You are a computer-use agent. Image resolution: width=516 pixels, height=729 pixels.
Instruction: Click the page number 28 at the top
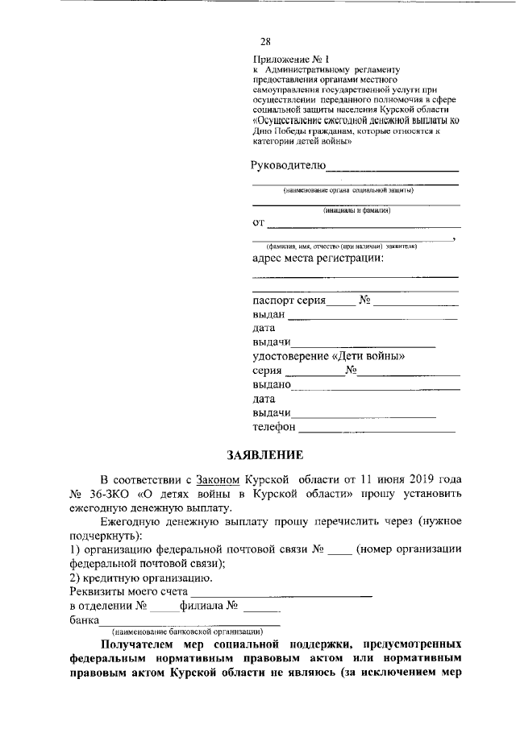265,42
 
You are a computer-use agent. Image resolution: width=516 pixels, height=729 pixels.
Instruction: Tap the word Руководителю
288,166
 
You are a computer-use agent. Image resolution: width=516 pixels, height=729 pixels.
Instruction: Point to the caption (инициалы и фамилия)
356,210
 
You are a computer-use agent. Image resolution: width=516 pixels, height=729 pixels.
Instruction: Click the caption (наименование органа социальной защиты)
347,190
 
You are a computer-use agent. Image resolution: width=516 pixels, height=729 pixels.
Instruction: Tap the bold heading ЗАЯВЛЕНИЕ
264,454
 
